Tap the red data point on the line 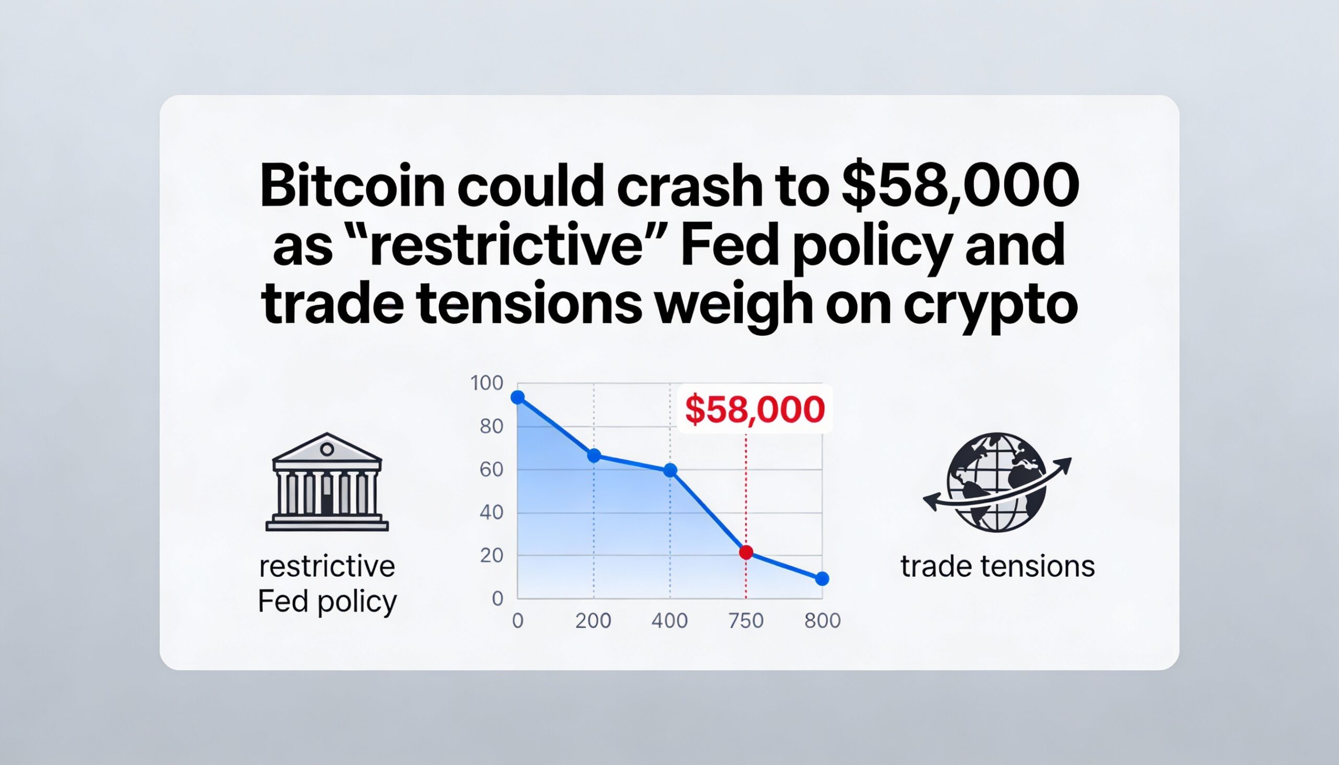point(746,552)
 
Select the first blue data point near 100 point(518,397)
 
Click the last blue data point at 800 point(822,579)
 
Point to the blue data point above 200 point(594,455)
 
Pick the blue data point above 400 point(670,470)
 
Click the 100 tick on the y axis point(486,384)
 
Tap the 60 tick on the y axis point(491,470)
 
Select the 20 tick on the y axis point(491,556)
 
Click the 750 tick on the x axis point(746,621)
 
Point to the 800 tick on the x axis point(822,621)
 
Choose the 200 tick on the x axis point(593,621)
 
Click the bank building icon point(327,482)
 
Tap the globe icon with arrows point(997,482)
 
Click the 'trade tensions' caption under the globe point(997,567)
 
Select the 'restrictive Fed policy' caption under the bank point(327,585)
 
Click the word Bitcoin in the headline point(353,187)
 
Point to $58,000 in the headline point(960,186)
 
